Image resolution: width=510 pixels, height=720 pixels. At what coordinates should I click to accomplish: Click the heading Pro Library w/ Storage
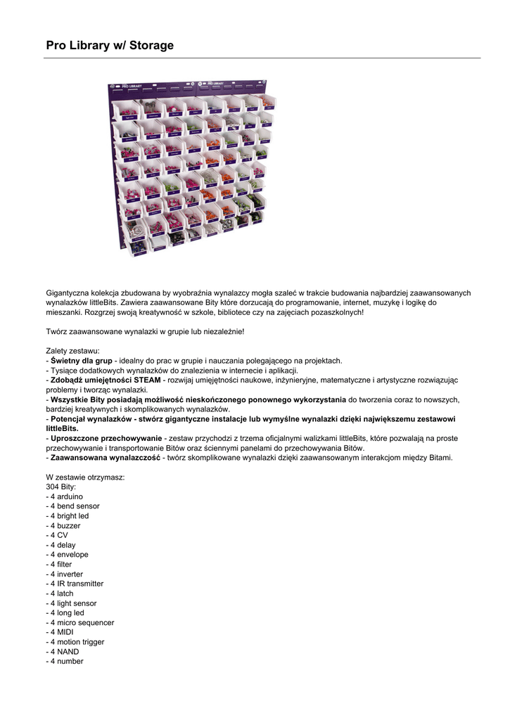tap(110, 46)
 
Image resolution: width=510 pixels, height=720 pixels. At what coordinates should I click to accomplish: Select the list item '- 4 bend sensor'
tap(73, 506)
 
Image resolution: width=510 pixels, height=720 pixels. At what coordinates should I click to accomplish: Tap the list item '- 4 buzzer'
tap(63, 525)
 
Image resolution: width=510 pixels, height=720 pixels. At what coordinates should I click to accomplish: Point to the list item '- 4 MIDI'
tap(61, 632)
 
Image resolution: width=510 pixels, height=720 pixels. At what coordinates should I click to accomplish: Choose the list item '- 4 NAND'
tap(63, 652)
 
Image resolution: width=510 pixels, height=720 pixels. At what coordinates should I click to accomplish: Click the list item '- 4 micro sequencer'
tap(80, 622)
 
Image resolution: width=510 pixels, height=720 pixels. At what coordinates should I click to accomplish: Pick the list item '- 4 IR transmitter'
tap(75, 584)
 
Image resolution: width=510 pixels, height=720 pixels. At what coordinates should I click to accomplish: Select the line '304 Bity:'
tap(63, 487)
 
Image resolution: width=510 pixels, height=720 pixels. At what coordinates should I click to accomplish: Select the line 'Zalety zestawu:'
tap(73, 351)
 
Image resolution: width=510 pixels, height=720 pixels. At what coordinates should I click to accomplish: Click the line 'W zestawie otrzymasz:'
tap(85, 477)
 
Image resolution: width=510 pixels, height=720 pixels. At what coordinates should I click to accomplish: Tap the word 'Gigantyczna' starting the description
tap(68, 292)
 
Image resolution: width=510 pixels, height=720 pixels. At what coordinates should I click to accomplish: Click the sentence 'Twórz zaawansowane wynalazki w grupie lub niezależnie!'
tap(145, 331)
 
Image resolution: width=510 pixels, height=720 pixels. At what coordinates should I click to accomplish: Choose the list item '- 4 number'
tap(65, 661)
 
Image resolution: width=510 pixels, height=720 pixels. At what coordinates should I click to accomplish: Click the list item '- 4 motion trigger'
tap(75, 642)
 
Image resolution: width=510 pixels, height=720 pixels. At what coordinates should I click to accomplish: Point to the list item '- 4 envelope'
tap(68, 555)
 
